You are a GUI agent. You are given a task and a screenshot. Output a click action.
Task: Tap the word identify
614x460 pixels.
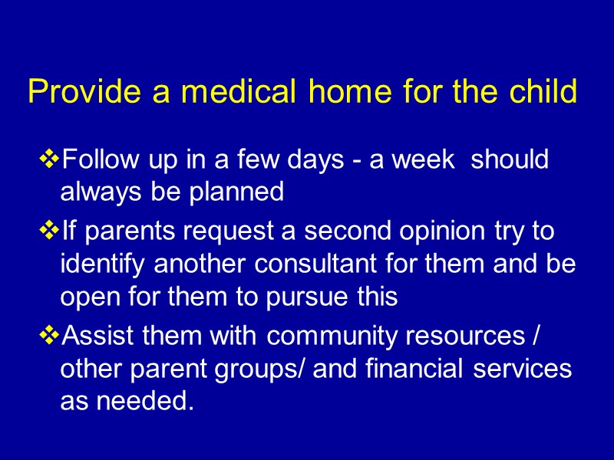[x=104, y=264]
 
